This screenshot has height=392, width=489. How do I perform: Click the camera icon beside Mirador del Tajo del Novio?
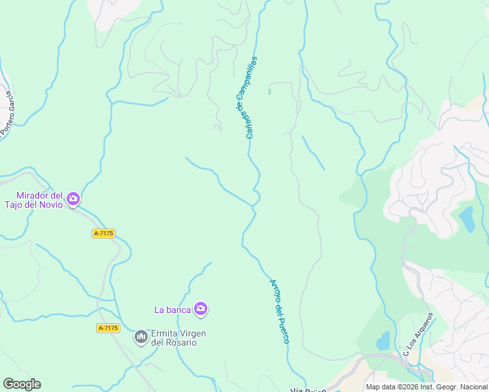click(73, 198)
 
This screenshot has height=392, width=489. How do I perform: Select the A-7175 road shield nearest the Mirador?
click(104, 233)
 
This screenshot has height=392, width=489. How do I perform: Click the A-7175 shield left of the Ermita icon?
click(108, 328)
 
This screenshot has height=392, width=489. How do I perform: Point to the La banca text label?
click(172, 309)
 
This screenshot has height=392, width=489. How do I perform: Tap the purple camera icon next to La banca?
click(201, 308)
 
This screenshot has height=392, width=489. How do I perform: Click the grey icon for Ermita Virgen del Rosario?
click(141, 337)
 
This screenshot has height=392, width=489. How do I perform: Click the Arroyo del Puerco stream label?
click(280, 312)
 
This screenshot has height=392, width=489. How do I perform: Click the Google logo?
click(22, 384)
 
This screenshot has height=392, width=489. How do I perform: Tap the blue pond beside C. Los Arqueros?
click(383, 340)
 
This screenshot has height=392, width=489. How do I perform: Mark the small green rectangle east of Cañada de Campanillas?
click(269, 91)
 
